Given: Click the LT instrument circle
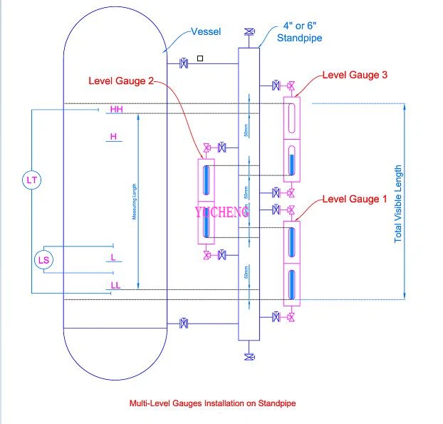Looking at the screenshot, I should [x=31, y=180].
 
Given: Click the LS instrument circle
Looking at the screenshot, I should [x=43, y=260].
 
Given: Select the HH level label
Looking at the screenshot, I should [x=115, y=110].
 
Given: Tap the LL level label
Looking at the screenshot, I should [x=115, y=286].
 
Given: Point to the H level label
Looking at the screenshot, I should [x=113, y=136].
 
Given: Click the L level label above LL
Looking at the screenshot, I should [x=113, y=256].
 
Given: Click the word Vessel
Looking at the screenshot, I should [x=206, y=32].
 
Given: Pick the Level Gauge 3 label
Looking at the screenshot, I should [x=355, y=75].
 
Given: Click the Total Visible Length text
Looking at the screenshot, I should [x=398, y=204].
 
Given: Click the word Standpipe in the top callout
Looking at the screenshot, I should [x=299, y=38].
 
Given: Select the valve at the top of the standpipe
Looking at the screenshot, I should [x=249, y=32].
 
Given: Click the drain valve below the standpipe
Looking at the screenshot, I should [x=249, y=356].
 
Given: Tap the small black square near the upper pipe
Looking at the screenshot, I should [x=201, y=58].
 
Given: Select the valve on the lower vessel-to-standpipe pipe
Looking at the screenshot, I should [x=184, y=324].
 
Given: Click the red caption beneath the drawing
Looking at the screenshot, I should [x=212, y=403].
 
